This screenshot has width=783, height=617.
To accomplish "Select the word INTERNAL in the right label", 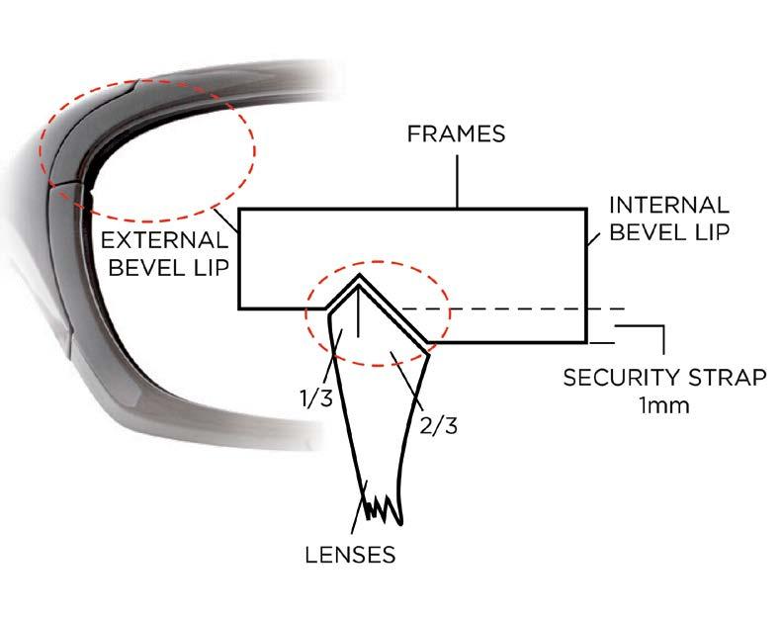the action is (x=669, y=206).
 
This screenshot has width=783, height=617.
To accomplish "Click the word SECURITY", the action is (x=609, y=378).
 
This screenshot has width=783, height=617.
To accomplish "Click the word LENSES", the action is (x=349, y=554).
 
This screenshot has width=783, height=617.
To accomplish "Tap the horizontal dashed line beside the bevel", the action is (x=514, y=308).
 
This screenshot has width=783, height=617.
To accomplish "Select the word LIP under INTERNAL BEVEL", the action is (x=707, y=234).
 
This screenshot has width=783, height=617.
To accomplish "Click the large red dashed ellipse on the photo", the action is (x=253, y=148).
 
